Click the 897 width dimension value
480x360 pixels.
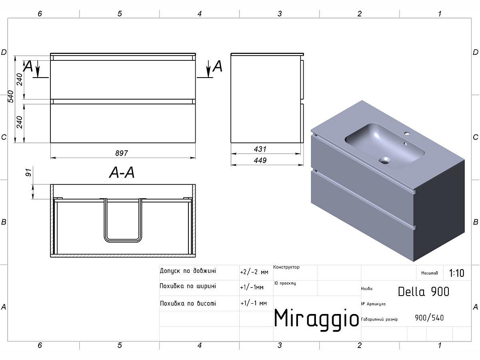(121, 153)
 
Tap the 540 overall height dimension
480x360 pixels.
(11, 96)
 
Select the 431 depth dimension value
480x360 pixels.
(260, 149)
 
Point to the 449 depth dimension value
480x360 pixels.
(260, 160)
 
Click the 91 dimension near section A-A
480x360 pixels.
(29, 172)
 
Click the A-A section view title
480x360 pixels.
(122, 173)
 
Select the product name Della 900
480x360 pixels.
(424, 292)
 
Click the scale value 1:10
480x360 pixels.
(457, 273)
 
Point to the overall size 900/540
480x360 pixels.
(429, 318)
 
